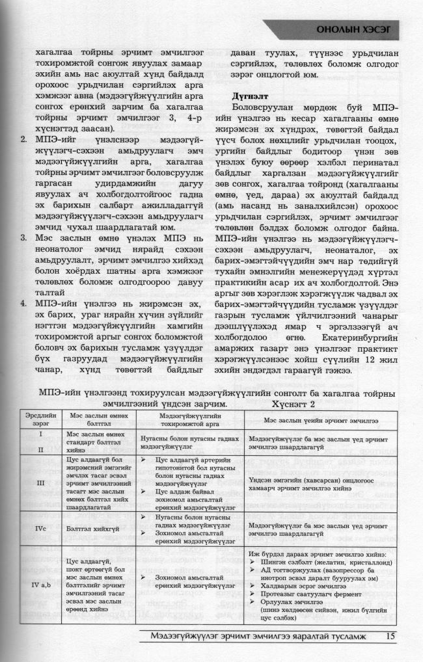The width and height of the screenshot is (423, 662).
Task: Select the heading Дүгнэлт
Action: pos(249,94)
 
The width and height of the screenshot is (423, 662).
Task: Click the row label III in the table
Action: pos(40,483)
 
